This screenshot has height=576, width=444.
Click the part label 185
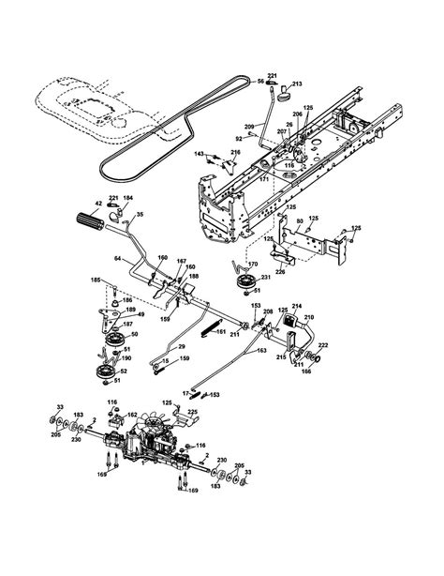point(95,280)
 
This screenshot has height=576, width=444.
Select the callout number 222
point(324,346)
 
